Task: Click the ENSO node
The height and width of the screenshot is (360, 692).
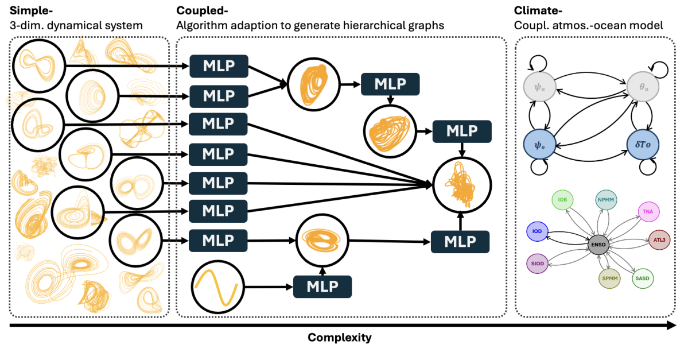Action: point(594,245)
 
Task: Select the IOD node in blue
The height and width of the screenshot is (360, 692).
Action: point(537,232)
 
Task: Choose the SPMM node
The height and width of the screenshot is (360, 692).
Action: point(608,278)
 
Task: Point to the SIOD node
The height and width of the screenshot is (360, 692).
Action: point(537,263)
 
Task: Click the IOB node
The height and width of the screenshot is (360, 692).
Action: point(562,200)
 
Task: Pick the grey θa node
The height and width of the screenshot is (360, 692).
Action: point(643,89)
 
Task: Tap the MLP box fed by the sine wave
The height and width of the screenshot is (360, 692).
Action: point(322,285)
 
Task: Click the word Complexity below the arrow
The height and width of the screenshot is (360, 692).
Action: point(340,338)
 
